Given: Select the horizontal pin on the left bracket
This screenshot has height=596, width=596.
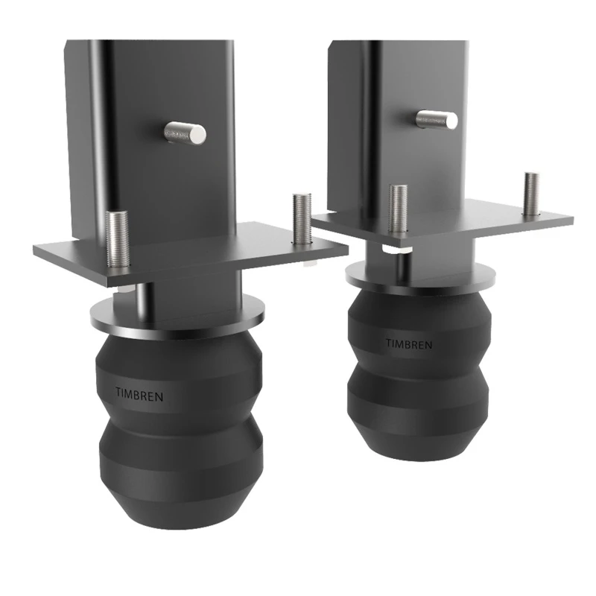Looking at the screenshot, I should click(185, 133).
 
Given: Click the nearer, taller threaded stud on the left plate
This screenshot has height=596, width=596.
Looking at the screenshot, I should click(118, 239).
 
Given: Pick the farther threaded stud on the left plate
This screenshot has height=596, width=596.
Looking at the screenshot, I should click(301, 218).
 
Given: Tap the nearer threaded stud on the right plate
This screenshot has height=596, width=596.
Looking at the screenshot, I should click(398, 209).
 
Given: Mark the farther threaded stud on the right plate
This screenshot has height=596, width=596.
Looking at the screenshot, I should click(531, 194).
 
